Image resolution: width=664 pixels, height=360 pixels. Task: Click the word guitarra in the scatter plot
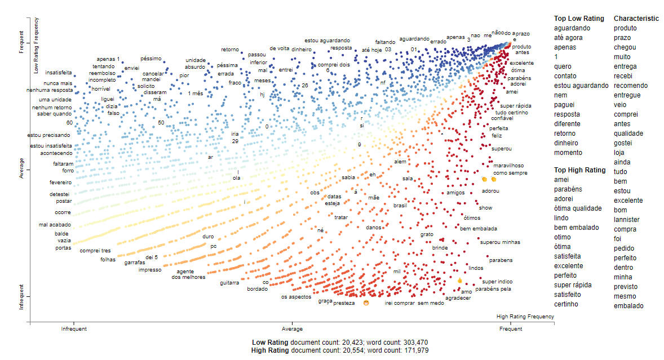[x=229, y=283]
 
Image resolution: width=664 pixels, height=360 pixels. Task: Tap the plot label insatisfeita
[x=59, y=73]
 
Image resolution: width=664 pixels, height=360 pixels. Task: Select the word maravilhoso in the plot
[x=509, y=166]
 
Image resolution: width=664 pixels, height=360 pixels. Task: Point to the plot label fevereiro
[x=60, y=183]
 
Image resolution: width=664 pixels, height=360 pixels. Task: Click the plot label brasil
[x=400, y=206]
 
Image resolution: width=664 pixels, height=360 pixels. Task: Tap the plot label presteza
[x=344, y=303]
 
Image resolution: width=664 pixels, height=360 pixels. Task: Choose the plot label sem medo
[x=431, y=303]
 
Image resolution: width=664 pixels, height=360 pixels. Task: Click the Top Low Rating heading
[x=579, y=19]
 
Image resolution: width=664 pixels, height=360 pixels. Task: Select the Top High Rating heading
[x=579, y=170]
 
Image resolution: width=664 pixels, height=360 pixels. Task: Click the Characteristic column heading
[x=636, y=19]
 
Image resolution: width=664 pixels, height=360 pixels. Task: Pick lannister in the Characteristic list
[x=627, y=220]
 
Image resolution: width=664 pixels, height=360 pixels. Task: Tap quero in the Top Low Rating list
[x=563, y=66]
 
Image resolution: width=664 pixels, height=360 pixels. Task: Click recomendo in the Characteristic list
[x=631, y=86]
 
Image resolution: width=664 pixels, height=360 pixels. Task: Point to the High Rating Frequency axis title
[x=525, y=317]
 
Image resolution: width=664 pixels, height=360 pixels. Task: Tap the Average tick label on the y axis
[x=21, y=168]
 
